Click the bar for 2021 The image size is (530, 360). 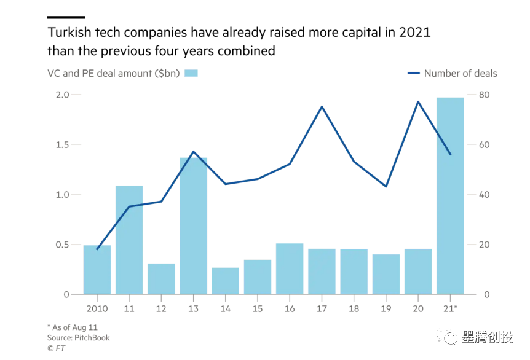[x=450, y=197]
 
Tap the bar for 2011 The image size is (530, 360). [x=129, y=240]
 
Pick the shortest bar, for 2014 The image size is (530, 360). [x=225, y=281]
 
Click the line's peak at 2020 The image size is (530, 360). [x=418, y=101]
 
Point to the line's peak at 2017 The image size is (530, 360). [x=322, y=107]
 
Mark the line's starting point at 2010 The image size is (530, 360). [x=97, y=249]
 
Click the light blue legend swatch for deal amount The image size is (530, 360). [x=191, y=73]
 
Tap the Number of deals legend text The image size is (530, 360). [x=461, y=73]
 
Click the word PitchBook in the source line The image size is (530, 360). [x=92, y=338]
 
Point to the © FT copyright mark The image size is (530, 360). [x=56, y=348]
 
